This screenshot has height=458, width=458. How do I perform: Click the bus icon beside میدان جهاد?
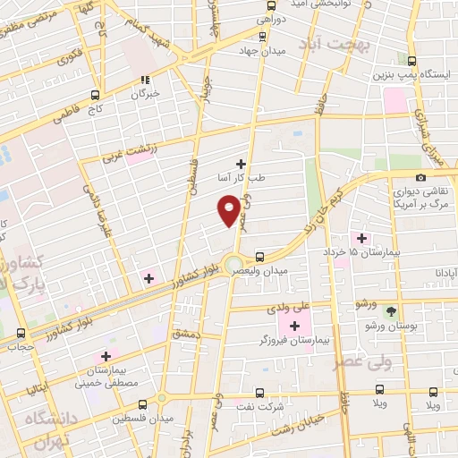point(261,37)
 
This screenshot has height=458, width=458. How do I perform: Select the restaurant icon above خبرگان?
point(146,78)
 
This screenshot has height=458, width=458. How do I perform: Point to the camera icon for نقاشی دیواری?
point(420,177)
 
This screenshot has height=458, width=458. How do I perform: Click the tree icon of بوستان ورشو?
point(391,310)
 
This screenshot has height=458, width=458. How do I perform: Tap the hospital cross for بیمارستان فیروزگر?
point(295,325)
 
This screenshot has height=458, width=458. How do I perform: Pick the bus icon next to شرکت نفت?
point(259,392)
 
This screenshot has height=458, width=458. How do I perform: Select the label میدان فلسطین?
point(133,418)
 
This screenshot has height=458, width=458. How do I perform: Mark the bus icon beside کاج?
point(96,93)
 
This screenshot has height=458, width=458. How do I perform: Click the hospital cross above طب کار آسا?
point(240,164)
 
